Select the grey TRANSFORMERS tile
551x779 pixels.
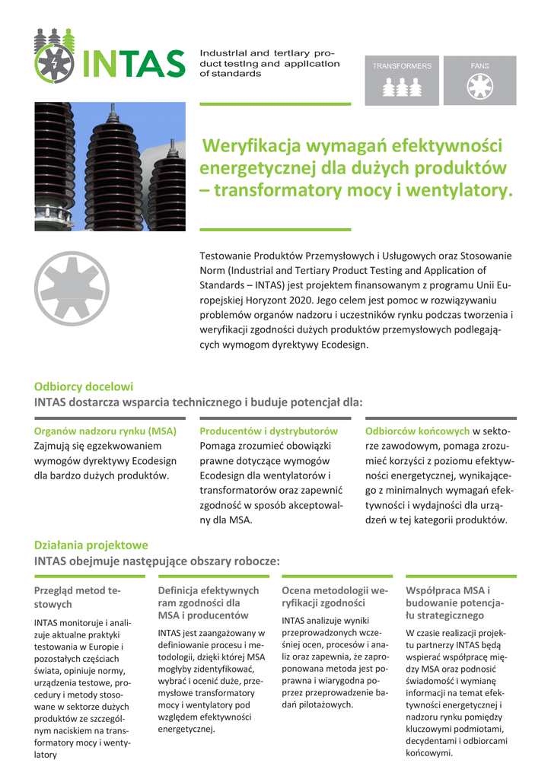pos(402,80)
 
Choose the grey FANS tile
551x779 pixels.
pos(479,80)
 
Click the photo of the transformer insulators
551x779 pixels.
pos(110,167)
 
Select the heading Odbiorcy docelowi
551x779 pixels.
pos(84,386)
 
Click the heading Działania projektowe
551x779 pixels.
pos(91,545)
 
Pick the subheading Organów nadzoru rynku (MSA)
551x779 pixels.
pos(106,431)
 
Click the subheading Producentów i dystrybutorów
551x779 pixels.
pos(269,431)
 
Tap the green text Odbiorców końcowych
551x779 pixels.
pos(417,431)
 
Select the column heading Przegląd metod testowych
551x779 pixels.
pos(78,597)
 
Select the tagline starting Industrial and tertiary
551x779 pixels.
pos(266,63)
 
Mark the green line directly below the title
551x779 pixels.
pos(275,229)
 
